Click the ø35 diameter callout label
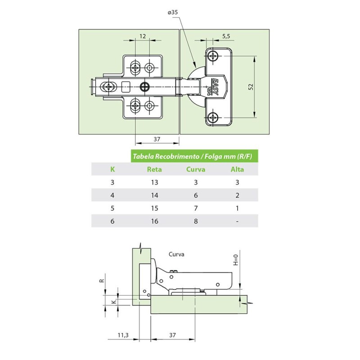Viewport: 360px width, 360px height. pyautogui.click(x=173, y=12)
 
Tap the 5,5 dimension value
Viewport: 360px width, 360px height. pyautogui.click(x=226, y=36)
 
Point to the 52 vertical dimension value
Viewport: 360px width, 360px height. pyautogui.click(x=251, y=87)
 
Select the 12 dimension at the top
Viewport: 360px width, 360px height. pyautogui.click(x=143, y=36)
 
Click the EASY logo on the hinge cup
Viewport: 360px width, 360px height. pyautogui.click(x=215, y=86)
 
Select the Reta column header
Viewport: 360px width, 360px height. pyautogui.click(x=154, y=170)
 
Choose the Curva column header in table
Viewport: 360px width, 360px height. pyautogui.click(x=196, y=170)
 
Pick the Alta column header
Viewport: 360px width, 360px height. pyautogui.click(x=237, y=170)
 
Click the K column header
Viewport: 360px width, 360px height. pyautogui.click(x=112, y=170)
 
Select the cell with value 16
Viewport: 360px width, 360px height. pyautogui.click(x=154, y=221)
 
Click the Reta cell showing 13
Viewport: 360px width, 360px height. pyautogui.click(x=154, y=182)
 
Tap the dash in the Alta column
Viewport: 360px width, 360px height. pyautogui.click(x=237, y=221)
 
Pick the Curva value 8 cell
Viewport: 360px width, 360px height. pyautogui.click(x=196, y=221)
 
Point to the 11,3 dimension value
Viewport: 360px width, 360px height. pyautogui.click(x=123, y=335)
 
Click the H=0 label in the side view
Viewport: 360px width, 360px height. pyautogui.click(x=236, y=260)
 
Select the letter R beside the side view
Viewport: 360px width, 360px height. pyautogui.click(x=102, y=280)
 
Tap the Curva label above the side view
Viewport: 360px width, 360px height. pyautogui.click(x=176, y=254)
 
